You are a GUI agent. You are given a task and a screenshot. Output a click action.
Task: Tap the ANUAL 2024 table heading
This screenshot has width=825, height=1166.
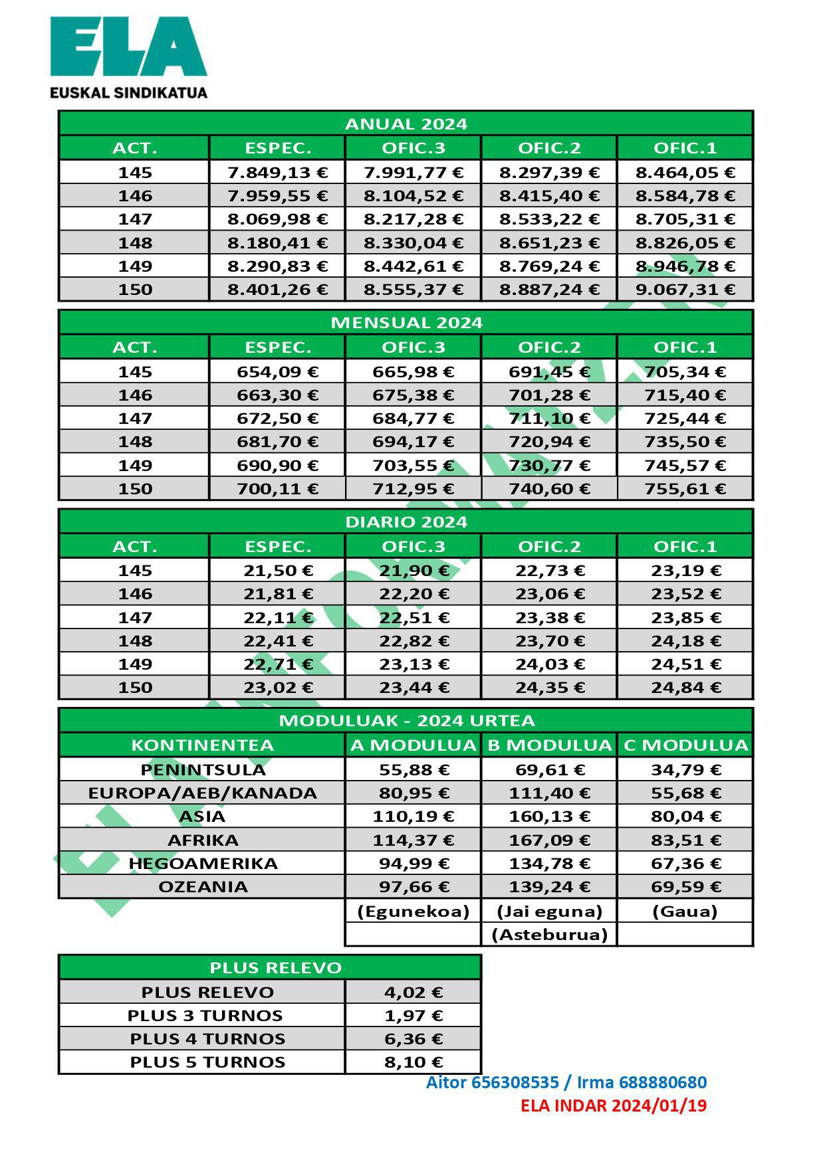tap(406, 124)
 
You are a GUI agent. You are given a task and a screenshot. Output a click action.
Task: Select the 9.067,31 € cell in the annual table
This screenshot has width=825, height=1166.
tap(685, 290)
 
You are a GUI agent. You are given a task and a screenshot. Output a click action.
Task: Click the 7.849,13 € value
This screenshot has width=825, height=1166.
tap(277, 173)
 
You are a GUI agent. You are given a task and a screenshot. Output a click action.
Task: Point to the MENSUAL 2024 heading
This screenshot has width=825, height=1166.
tap(406, 323)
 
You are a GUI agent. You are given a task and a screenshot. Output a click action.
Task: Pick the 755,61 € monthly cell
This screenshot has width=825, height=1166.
tap(685, 489)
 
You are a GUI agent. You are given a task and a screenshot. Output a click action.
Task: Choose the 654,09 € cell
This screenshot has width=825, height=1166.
tap(277, 372)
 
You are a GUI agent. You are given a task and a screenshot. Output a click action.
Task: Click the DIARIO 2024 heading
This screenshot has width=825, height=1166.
tap(406, 522)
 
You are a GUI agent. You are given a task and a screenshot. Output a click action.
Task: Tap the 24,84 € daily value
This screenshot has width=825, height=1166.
tap(685, 688)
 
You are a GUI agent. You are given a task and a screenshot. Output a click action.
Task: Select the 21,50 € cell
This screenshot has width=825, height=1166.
tap(277, 571)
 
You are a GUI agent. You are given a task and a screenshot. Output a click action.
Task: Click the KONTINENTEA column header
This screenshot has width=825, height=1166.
tap(202, 745)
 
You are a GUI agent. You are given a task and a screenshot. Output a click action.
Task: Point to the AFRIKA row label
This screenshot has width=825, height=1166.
tap(202, 840)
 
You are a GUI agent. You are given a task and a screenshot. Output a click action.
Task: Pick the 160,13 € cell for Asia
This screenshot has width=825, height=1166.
tap(549, 817)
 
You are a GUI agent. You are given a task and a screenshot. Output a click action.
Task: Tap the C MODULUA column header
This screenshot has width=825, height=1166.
tap(685, 745)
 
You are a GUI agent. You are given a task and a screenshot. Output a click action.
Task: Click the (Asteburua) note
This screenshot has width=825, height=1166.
tap(549, 935)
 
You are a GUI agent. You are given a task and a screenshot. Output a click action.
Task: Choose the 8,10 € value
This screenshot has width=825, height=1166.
tap(413, 1062)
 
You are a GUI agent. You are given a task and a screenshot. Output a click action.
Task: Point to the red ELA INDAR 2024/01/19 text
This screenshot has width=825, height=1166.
tap(613, 1106)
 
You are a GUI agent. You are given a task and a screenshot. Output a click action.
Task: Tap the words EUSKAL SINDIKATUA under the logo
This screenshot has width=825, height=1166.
tap(128, 92)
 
